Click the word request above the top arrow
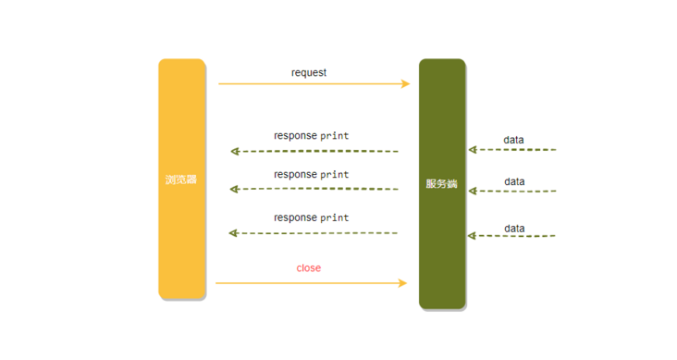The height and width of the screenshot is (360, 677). tap(309, 72)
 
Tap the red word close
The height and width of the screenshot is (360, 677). tap(309, 267)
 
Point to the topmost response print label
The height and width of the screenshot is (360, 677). tap(311, 135)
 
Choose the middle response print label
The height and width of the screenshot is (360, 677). tap(311, 174)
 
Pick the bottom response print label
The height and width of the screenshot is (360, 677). tap(311, 217)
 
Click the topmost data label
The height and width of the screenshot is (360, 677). tap(513, 140)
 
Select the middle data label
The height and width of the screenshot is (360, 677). tap(514, 181)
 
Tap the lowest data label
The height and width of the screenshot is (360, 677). tap(514, 228)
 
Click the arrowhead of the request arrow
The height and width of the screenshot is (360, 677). tap(405, 84)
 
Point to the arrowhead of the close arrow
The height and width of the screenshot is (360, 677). tap(402, 283)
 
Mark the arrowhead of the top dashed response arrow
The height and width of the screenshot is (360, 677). tap(235, 151)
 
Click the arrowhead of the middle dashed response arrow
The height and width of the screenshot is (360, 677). tap(235, 189)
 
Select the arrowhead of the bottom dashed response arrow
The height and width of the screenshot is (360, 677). tap(235, 233)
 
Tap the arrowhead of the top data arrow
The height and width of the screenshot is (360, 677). tap(472, 149)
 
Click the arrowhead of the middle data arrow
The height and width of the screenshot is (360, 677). tap(472, 191)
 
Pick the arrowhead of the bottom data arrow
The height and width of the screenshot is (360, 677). tap(472, 236)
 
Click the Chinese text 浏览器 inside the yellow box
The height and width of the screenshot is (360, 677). tap(181, 180)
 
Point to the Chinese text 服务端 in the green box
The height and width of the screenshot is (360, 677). tap(442, 183)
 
